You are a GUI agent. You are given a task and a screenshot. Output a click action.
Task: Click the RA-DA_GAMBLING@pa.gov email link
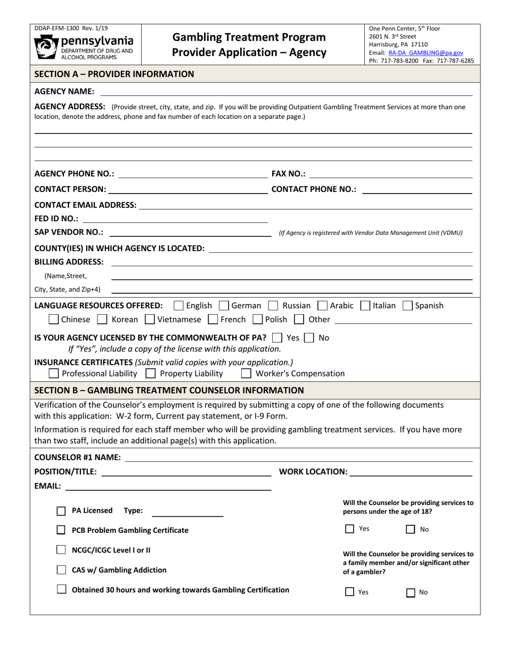pos(426,53)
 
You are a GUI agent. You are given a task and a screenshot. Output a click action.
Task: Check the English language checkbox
pos(179,306)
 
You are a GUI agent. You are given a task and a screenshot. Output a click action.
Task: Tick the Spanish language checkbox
pos(407,306)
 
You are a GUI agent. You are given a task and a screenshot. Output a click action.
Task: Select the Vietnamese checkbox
pos(150,319)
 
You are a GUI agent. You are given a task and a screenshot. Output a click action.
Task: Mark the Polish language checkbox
pos(258,319)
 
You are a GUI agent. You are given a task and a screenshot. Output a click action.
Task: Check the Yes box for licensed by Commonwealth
pos(277,338)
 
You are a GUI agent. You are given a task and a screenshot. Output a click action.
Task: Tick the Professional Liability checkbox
pos(54,373)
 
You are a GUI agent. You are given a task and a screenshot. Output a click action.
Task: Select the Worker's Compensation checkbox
pos(246,373)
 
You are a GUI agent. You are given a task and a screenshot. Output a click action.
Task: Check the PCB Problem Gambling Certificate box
pos(61,530)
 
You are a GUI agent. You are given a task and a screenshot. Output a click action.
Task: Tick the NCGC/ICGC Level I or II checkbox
pos(61,549)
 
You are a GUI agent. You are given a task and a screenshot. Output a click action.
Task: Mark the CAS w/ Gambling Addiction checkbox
pos(61,570)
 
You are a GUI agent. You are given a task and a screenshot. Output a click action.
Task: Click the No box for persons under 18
pos(410,529)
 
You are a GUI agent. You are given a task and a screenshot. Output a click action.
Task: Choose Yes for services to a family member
pos(349,591)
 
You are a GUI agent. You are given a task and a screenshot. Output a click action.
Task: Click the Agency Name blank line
pos(285,92)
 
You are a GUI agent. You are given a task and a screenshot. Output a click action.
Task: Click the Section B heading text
pos(169,390)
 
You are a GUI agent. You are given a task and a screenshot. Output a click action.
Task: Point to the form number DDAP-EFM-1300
pos(70,28)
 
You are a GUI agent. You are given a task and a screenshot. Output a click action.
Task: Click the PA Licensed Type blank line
pos(187,511)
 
